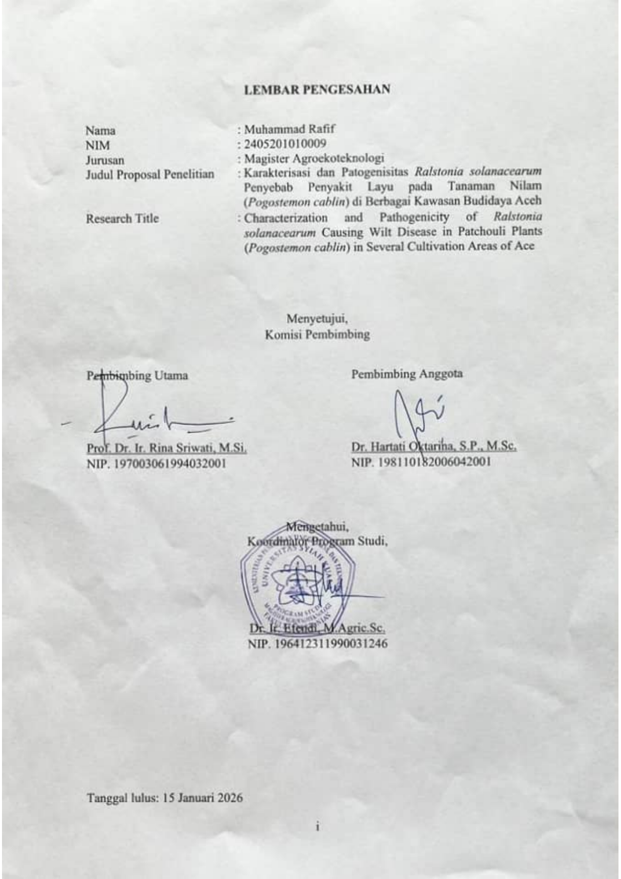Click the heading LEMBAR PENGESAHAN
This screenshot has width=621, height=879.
pyautogui.click(x=317, y=90)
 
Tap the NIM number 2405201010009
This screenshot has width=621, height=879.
pyautogui.click(x=284, y=144)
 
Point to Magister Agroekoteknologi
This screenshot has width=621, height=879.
pyautogui.click(x=314, y=158)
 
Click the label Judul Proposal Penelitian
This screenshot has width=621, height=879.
pyautogui.click(x=150, y=174)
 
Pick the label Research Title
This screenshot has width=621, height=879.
pyautogui.click(x=122, y=218)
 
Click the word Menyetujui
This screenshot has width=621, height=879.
pyautogui.click(x=317, y=319)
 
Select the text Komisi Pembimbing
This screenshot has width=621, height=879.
pyautogui.click(x=317, y=334)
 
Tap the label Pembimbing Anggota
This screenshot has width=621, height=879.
pyautogui.click(x=407, y=374)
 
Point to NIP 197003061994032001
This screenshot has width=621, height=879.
pyautogui.click(x=156, y=463)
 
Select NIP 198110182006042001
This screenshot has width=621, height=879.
pyautogui.click(x=421, y=461)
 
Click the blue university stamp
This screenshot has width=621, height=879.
pyautogui.click(x=298, y=581)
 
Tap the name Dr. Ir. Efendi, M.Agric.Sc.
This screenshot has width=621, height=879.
pyautogui.click(x=317, y=628)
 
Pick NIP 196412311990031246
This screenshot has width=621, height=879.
pyautogui.click(x=318, y=644)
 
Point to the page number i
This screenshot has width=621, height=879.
pyautogui.click(x=317, y=826)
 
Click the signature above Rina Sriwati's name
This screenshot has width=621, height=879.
pyautogui.click(x=150, y=416)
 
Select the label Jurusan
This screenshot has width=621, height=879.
pyautogui.click(x=105, y=160)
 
